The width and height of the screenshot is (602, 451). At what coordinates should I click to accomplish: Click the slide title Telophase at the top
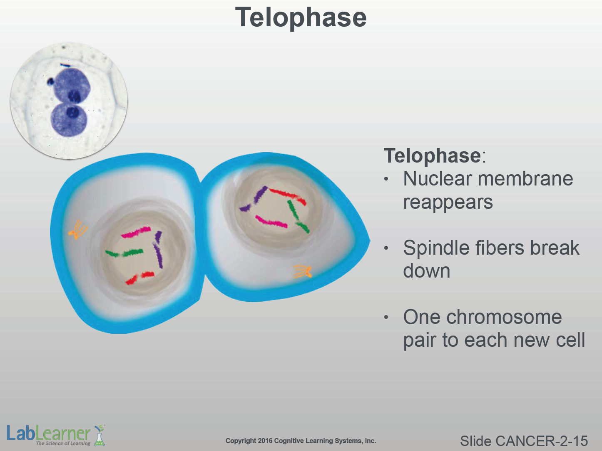301,18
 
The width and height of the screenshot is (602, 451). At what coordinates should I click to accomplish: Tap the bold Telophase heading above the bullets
432,156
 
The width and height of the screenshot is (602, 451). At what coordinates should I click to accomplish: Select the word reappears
448,203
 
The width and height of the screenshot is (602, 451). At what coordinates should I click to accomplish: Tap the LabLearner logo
55,435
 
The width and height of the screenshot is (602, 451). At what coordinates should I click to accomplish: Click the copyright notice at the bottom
301,441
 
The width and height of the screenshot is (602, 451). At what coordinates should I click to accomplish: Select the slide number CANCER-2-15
542,441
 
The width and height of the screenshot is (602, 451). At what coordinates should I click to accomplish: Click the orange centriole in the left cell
78,230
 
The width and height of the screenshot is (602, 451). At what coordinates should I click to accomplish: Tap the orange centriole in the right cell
303,272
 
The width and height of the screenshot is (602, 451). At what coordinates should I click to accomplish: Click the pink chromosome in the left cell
136,232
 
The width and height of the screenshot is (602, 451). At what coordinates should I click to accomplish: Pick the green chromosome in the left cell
124,253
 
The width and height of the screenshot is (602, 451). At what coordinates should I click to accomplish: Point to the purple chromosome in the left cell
158,250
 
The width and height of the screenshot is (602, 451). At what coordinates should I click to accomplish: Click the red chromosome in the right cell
288,195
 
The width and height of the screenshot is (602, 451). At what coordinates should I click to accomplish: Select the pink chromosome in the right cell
271,222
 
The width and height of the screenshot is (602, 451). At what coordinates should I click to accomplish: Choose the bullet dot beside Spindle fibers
386,248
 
